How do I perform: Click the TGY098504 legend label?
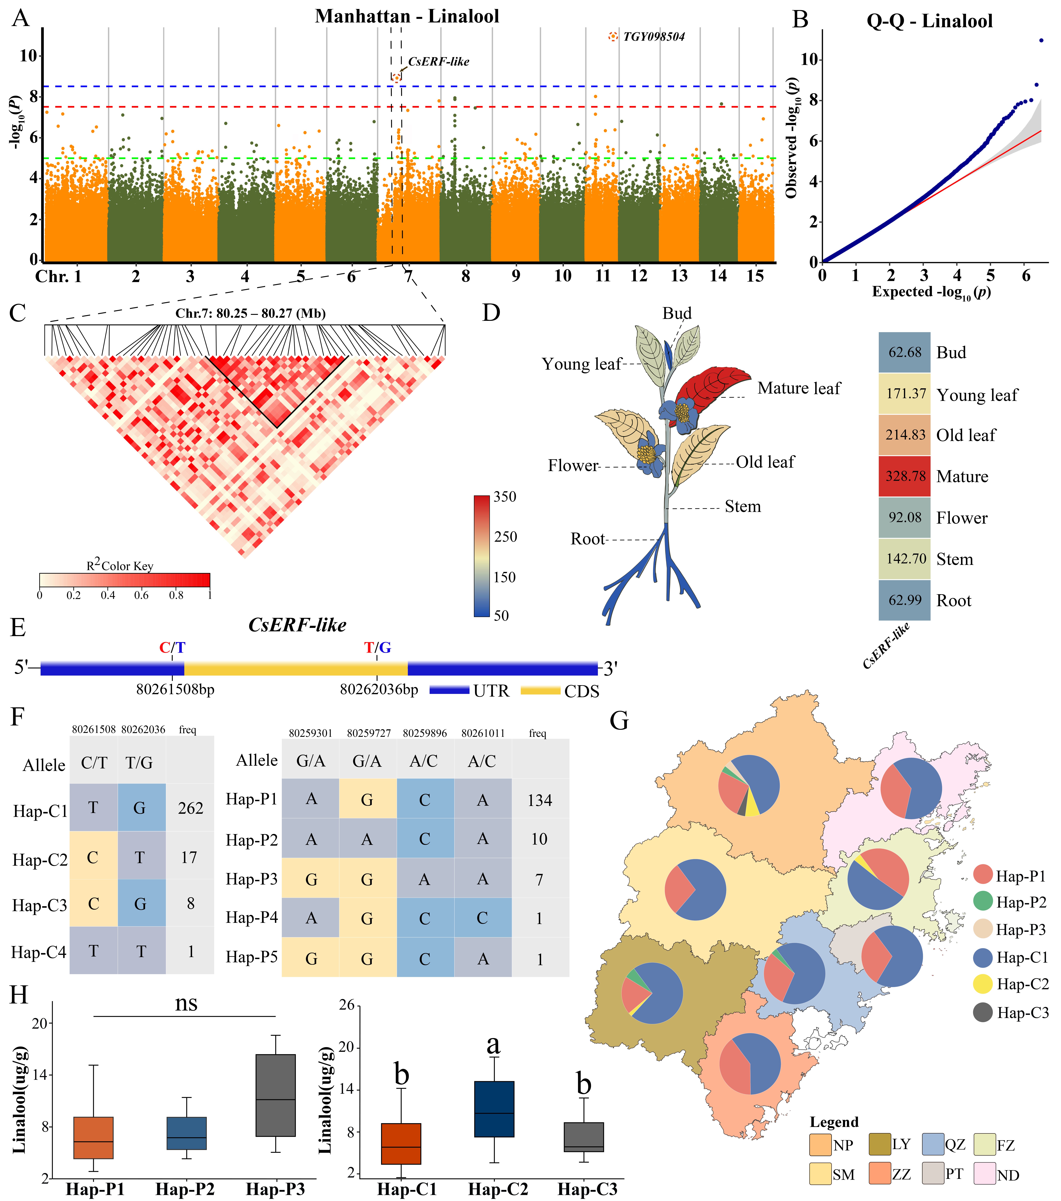(x=654, y=36)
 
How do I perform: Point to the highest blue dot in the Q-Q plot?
(x=1041, y=41)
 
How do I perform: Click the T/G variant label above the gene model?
(x=377, y=647)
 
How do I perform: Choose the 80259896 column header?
(x=424, y=733)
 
